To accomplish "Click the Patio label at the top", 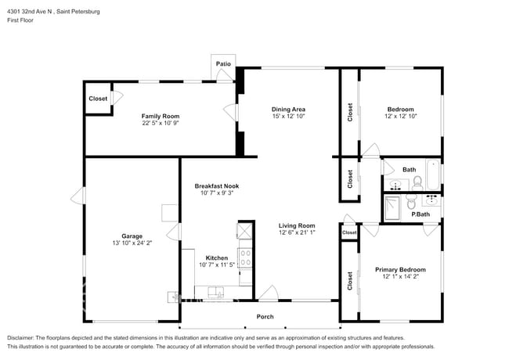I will click(x=222, y=63).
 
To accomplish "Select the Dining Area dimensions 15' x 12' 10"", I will click(x=288, y=116).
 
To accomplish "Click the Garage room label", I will click(x=132, y=235).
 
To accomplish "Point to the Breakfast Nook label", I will click(x=217, y=185).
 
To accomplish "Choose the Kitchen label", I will click(x=216, y=257).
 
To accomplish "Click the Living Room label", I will click(x=297, y=225).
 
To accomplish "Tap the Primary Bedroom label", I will click(x=400, y=269).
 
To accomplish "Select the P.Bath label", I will click(x=421, y=214).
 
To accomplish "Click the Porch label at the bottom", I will click(x=265, y=316).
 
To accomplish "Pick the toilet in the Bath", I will click(x=417, y=182).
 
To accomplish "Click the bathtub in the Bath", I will click(x=433, y=169).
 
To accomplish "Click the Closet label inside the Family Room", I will click(x=98, y=99).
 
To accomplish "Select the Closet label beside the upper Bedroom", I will click(x=349, y=113).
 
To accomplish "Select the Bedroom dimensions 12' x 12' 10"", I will click(x=400, y=116).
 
